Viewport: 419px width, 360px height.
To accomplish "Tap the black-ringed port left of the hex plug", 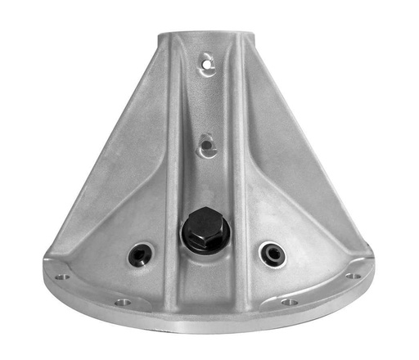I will coord(139,254).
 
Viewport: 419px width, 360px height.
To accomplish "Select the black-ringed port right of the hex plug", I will coord(271,253).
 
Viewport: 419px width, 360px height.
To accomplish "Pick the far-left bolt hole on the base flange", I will coord(61,276).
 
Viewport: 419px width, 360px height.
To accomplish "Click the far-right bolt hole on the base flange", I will coord(354,275).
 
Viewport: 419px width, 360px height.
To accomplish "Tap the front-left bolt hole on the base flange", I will coord(122,302).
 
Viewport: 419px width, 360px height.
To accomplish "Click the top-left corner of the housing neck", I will coord(160,35).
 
